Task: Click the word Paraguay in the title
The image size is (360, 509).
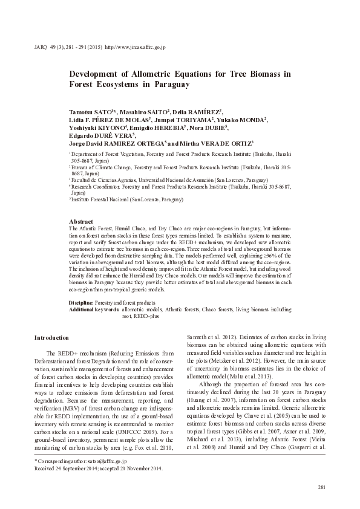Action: [x=169, y=85]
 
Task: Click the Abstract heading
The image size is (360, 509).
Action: [x=81, y=222]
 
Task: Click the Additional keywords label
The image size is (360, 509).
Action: [x=94, y=308]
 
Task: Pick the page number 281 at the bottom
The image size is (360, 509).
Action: [x=321, y=487]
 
